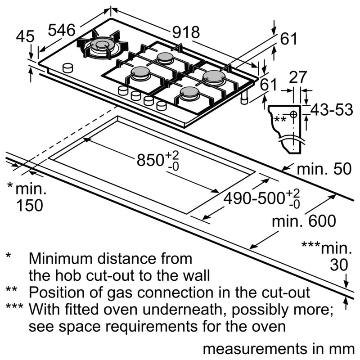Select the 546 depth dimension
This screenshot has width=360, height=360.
pos(61,30)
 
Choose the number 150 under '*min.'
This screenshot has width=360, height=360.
pos(30,205)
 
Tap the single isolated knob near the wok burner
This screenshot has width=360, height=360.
pos(68,67)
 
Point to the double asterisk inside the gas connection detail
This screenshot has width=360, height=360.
pos(280,119)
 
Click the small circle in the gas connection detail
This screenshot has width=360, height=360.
pos(293,115)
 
